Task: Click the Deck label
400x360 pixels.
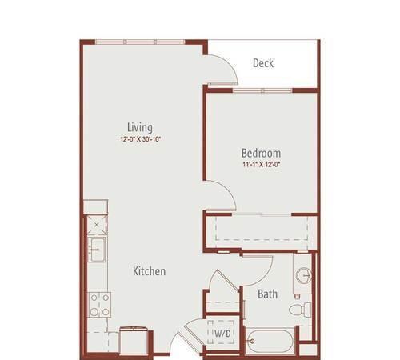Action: click(x=263, y=63)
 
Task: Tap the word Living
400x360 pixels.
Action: click(x=140, y=127)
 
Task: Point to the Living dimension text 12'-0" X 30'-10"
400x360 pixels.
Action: click(x=140, y=139)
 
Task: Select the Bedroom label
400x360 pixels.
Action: click(x=261, y=153)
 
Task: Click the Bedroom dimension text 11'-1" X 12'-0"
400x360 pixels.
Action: click(x=261, y=164)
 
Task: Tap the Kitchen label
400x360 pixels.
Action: click(x=149, y=271)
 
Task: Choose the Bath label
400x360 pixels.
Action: click(x=267, y=294)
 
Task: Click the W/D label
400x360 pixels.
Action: click(x=222, y=333)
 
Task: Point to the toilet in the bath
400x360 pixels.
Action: click(x=300, y=310)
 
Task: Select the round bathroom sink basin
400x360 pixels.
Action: click(x=304, y=275)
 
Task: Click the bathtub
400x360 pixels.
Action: click(x=270, y=341)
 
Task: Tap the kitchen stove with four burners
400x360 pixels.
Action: click(x=99, y=305)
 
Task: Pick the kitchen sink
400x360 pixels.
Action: click(x=97, y=250)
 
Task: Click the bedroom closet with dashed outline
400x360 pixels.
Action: click(x=262, y=228)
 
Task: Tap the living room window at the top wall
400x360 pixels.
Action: click(x=140, y=42)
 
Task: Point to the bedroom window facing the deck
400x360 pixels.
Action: click(x=262, y=90)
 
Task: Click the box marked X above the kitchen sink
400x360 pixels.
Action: click(x=97, y=225)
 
